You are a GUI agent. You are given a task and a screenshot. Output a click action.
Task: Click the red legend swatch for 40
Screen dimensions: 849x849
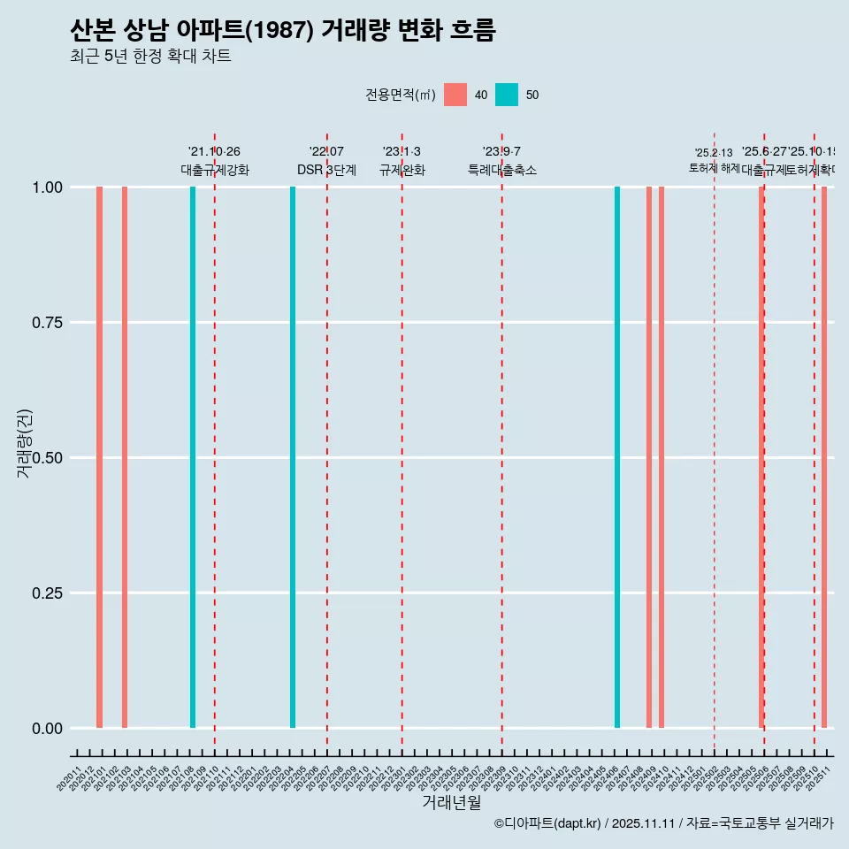point(455,95)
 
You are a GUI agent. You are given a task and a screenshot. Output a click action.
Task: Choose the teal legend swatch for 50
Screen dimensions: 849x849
point(507,95)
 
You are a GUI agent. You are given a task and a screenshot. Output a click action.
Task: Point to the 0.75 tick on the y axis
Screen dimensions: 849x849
point(48,323)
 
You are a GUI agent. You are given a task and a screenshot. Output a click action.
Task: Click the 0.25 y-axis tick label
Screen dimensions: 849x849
point(48,593)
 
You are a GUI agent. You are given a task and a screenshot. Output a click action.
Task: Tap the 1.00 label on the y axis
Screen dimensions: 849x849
point(48,187)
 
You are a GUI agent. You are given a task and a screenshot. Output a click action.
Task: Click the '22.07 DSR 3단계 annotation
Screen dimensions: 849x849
point(326,161)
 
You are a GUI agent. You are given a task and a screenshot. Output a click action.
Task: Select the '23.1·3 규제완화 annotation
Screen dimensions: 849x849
point(402,161)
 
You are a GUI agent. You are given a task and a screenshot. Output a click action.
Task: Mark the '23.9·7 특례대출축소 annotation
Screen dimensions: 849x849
point(501,161)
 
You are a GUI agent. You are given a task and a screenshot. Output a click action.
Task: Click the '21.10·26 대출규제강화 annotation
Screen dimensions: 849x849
point(215,161)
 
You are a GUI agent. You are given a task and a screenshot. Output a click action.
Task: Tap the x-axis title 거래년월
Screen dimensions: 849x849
point(451,803)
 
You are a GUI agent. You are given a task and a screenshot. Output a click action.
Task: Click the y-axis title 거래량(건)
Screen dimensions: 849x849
point(25,443)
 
